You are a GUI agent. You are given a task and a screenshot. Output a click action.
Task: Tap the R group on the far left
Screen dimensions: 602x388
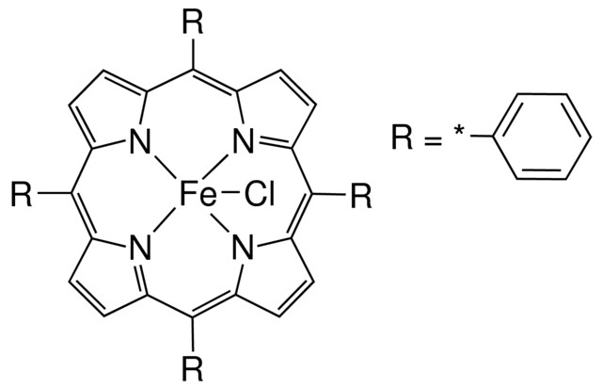click(x=22, y=195)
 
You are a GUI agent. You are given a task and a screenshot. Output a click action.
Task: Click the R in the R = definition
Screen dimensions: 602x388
click(x=403, y=137)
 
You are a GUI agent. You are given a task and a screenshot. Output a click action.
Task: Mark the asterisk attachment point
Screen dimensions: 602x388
click(x=459, y=131)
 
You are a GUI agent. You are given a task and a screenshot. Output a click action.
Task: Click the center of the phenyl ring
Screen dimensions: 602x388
click(x=542, y=137)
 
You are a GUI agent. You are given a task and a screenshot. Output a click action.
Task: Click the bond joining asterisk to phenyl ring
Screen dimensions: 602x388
click(x=482, y=137)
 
